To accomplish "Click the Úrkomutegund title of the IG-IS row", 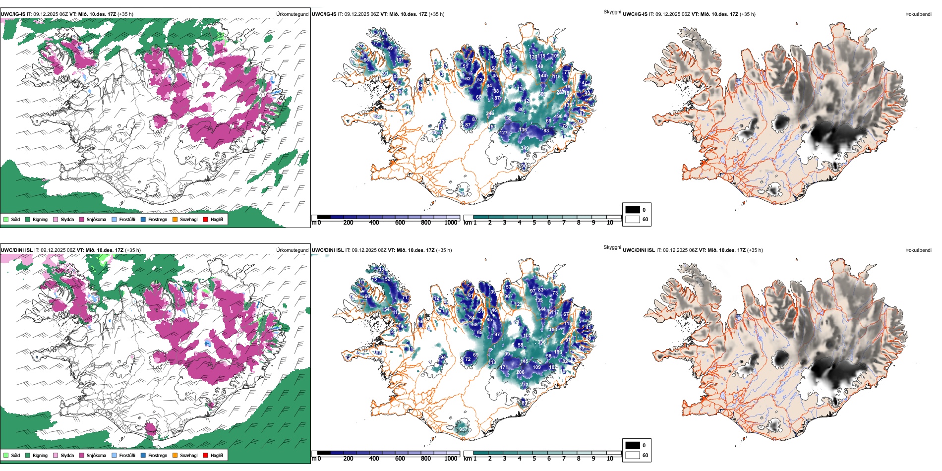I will [x=292, y=14].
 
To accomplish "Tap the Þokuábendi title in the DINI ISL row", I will [x=918, y=250].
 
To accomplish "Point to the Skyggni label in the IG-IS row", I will [x=612, y=11].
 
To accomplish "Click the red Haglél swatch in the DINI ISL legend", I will [x=206, y=455].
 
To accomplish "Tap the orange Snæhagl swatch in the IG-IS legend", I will [x=175, y=220].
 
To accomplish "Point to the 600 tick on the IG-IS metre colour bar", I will [x=400, y=223].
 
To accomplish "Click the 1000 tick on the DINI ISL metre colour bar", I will [x=451, y=459].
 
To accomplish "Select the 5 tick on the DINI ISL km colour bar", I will [x=534, y=459].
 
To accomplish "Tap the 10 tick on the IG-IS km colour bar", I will [x=610, y=223].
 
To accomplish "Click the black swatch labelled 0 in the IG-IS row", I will [x=633, y=210].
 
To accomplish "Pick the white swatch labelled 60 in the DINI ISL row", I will [x=633, y=455].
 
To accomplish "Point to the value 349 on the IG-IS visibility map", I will [x=525, y=148].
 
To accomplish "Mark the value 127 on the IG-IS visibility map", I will [x=504, y=133].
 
